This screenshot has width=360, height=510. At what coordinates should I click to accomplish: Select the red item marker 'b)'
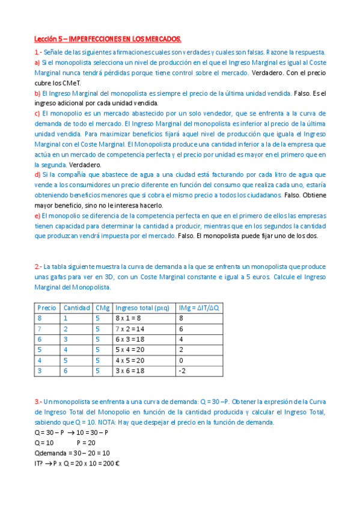click(37, 93)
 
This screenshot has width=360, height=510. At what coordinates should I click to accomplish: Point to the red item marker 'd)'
click(37, 175)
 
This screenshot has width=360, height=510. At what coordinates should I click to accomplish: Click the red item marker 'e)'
click(37, 216)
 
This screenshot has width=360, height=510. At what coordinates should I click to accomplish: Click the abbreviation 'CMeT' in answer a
click(70, 83)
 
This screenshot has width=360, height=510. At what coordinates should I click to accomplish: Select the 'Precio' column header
click(47, 307)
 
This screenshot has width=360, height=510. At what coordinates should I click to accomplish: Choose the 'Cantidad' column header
click(76, 307)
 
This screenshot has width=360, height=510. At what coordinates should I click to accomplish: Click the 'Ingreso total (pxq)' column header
click(142, 307)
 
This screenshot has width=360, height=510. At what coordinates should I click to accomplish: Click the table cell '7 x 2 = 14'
click(130, 329)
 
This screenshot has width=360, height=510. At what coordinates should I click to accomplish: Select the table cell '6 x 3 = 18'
click(130, 339)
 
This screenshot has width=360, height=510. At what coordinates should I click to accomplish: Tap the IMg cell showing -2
click(182, 371)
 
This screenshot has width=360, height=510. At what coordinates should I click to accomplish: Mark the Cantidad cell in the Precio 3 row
click(66, 371)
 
